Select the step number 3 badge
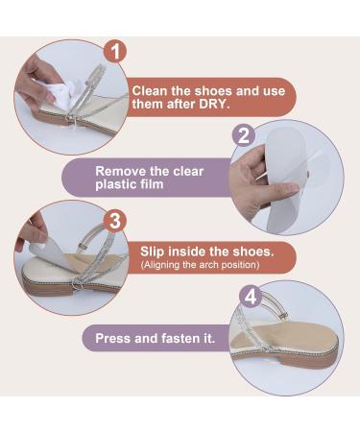click(x=116, y=221)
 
